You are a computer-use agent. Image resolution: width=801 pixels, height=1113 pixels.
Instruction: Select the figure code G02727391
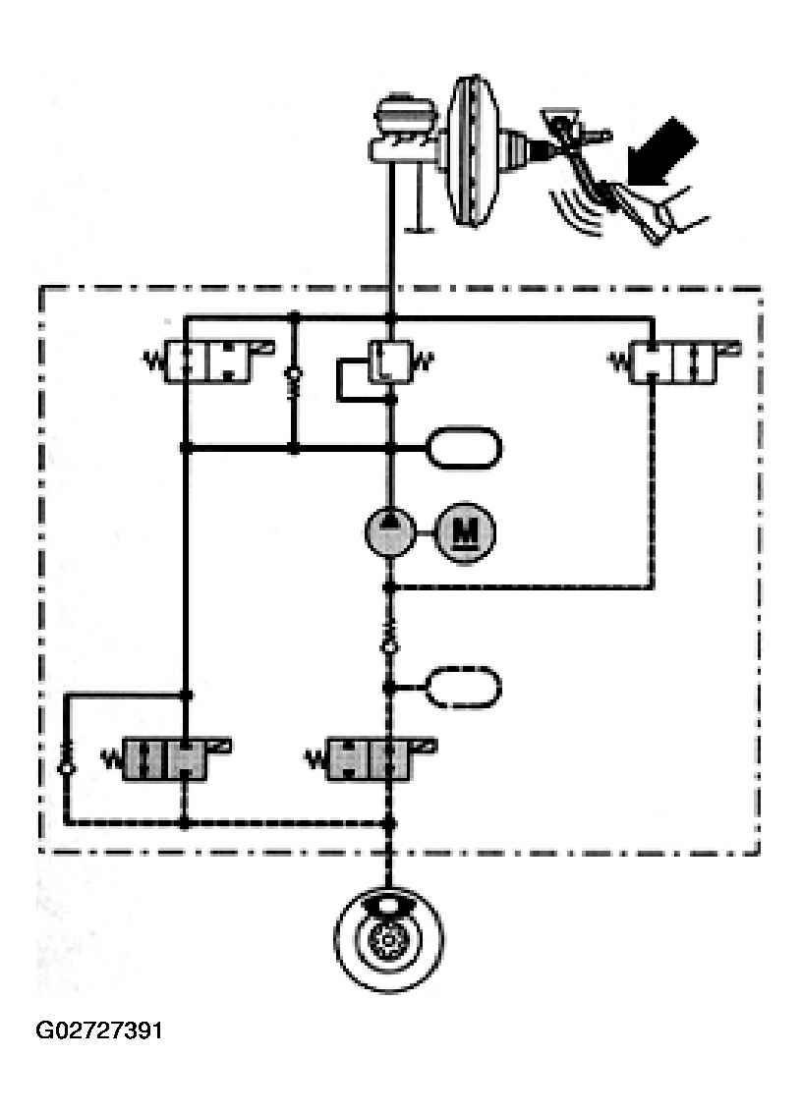99,1031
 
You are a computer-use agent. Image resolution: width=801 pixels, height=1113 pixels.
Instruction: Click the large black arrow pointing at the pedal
668,156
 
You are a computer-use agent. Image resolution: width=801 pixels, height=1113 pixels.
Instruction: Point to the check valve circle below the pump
390,645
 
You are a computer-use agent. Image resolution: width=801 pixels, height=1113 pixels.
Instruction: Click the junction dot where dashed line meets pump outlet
390,587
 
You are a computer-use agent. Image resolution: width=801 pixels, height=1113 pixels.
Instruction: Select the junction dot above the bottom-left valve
185,696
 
